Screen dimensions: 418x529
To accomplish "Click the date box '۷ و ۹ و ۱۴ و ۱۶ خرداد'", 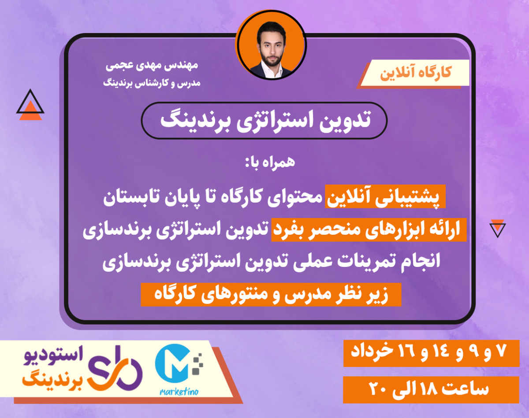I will [432, 352].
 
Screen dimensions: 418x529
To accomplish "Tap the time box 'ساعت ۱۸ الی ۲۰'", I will [432, 390].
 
